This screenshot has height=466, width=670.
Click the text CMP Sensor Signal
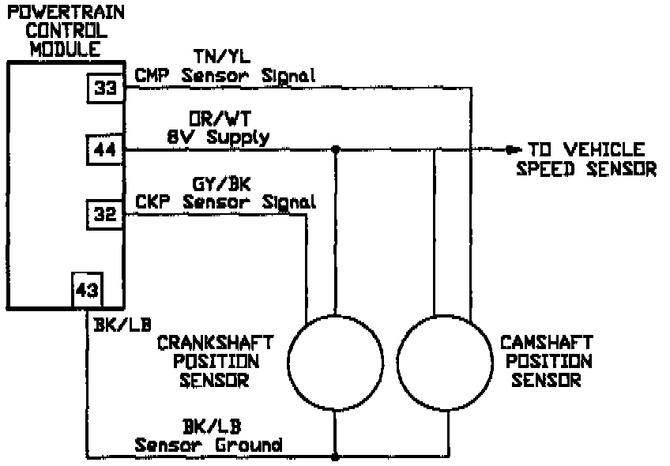tap(225, 76)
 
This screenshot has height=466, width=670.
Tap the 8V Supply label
tap(217, 137)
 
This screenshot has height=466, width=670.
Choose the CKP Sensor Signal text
tap(225, 202)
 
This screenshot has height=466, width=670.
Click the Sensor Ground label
tap(209, 445)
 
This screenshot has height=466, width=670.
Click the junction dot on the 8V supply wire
tap(336, 148)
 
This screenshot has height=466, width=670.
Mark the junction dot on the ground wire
tap(336, 457)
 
